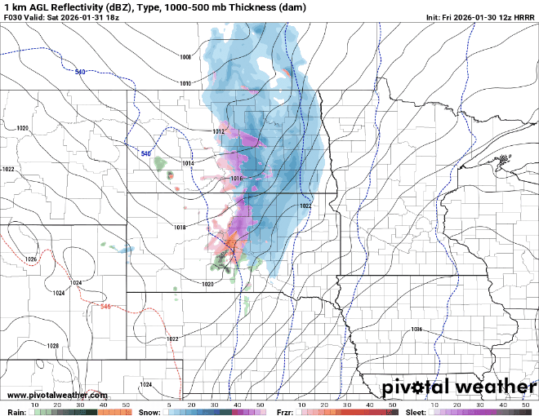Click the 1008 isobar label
click(x=185, y=57)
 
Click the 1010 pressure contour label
click(x=185, y=83)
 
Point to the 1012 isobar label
click(x=218, y=131)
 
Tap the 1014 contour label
click(x=189, y=163)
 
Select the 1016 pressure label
click(x=237, y=179)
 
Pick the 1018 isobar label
click(x=180, y=227)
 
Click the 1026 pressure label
click(x=32, y=259)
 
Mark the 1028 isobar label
click(x=53, y=346)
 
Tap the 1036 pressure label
click(x=416, y=329)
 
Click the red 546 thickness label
click(x=105, y=306)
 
